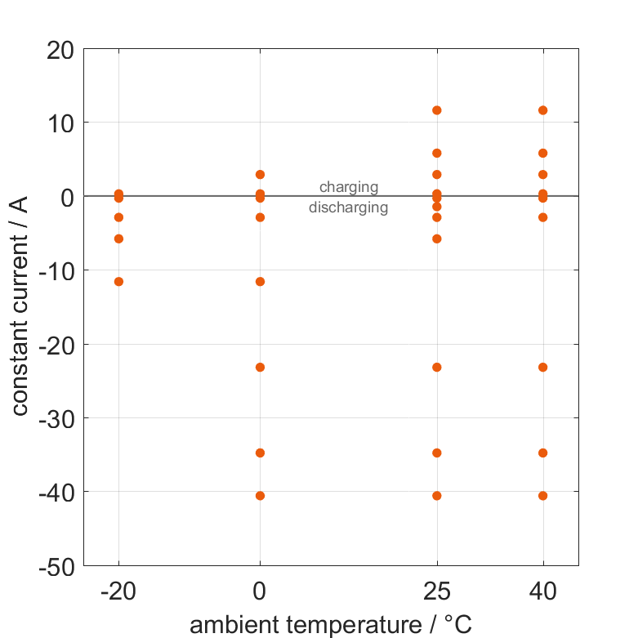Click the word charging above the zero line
pos(349,187)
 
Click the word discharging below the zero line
pos(348,207)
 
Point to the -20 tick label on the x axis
pos(118,592)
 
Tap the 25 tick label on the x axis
pos(437,592)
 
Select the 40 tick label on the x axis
pos(542,592)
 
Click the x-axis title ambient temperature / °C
pos(331,625)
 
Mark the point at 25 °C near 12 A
pos(437,110)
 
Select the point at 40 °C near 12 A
pos(542,110)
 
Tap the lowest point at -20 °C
pos(118,282)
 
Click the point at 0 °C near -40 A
pos(260,496)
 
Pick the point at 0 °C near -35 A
pos(260,453)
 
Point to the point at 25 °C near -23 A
pos(437,368)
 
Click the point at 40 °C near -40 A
pos(542,496)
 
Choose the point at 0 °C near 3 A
pos(260,175)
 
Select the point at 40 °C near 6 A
pos(542,153)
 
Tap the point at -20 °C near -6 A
pos(118,239)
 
